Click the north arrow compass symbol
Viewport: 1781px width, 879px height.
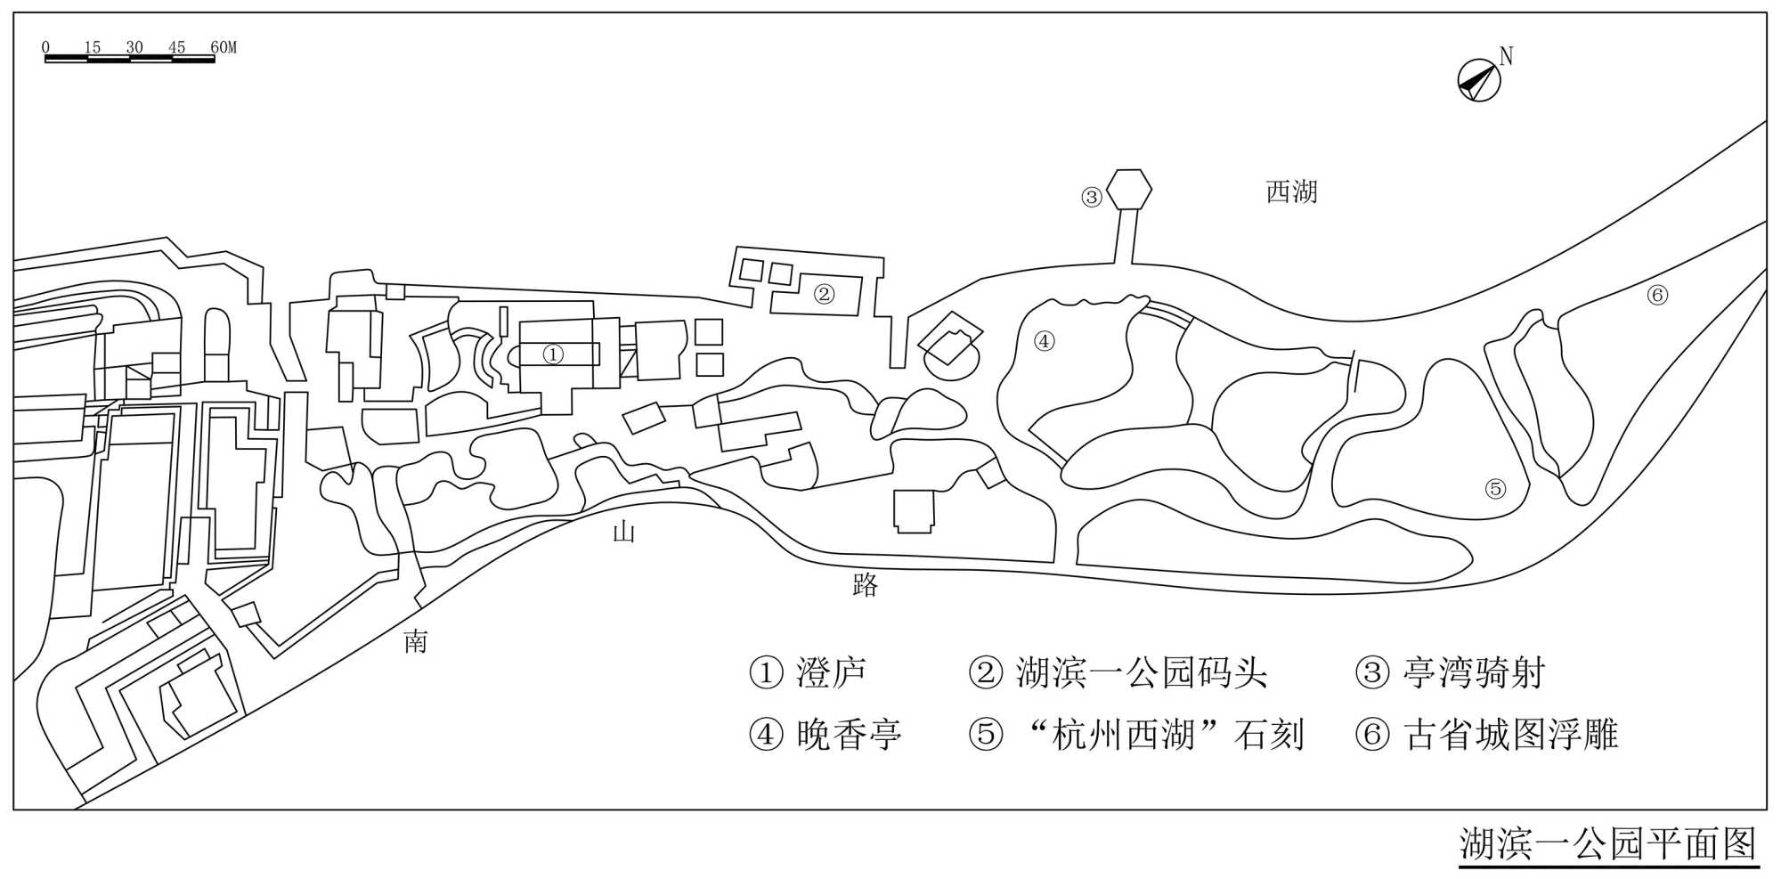1479,79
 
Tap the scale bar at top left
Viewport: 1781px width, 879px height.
129,59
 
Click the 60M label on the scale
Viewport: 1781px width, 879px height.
223,47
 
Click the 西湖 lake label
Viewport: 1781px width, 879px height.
1291,191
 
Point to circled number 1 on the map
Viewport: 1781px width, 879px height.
553,354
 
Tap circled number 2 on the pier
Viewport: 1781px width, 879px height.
824,293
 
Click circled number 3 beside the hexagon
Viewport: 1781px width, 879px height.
1092,197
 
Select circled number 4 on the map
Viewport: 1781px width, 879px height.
1044,340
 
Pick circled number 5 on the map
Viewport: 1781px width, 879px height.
1495,488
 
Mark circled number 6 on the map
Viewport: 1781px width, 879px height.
1657,295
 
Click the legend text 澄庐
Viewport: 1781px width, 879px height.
831,672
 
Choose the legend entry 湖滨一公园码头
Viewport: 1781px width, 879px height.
1141,672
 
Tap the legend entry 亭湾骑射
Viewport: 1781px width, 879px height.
1473,672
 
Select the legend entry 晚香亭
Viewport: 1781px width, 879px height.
849,735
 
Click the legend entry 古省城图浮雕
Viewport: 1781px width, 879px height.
1510,735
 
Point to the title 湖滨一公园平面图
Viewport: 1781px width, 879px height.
1607,844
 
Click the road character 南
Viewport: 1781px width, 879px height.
416,641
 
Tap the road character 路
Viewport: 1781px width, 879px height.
866,584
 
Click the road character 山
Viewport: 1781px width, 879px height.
623,533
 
